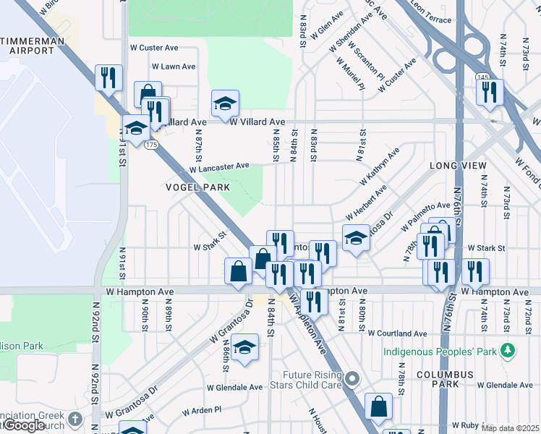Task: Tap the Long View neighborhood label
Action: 458,166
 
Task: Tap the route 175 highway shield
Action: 150,145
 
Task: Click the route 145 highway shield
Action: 482,77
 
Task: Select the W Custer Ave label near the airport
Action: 153,48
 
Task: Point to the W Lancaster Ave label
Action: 219,167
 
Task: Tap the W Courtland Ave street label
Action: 397,334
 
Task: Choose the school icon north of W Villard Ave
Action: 225,104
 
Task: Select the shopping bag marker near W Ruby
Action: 378,407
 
